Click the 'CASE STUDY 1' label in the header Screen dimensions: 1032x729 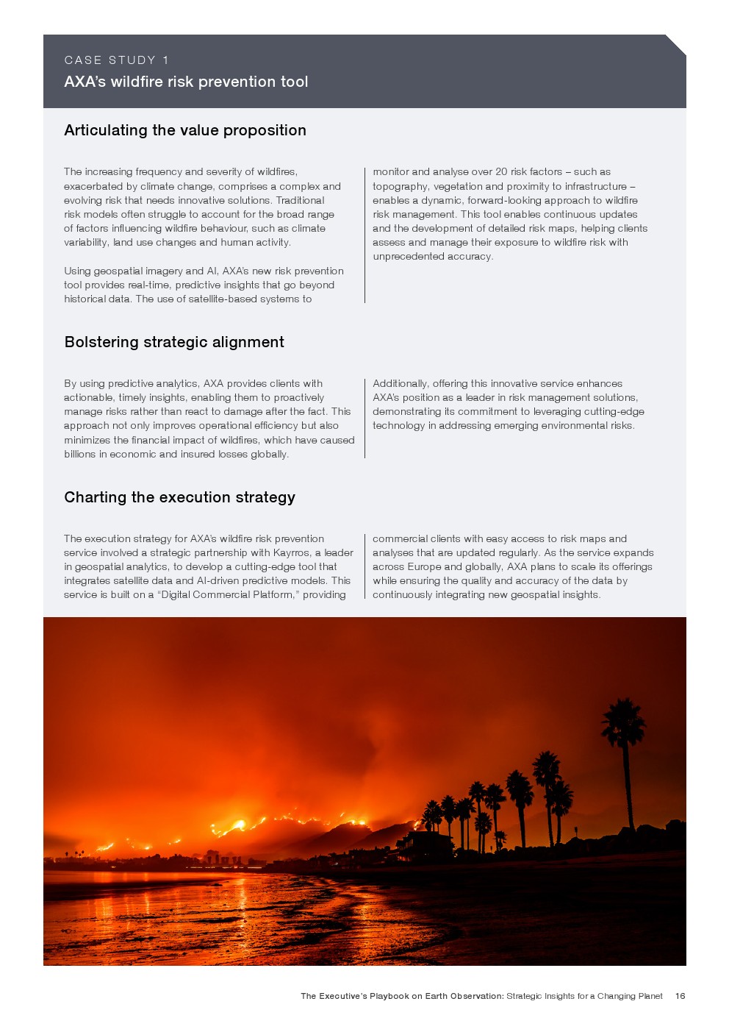coord(116,60)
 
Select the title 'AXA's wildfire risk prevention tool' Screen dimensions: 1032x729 coord(186,82)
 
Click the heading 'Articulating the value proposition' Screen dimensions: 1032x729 coord(185,130)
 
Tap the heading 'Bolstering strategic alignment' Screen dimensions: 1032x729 coord(174,342)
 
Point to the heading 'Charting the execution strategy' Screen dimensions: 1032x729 coord(179,497)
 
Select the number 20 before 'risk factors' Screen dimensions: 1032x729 coord(501,171)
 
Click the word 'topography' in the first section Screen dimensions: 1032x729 coord(400,186)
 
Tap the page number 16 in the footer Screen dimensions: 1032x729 coord(680,996)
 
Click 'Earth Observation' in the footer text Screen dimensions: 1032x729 coord(464,996)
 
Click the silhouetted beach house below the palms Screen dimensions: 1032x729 coord(426,846)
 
